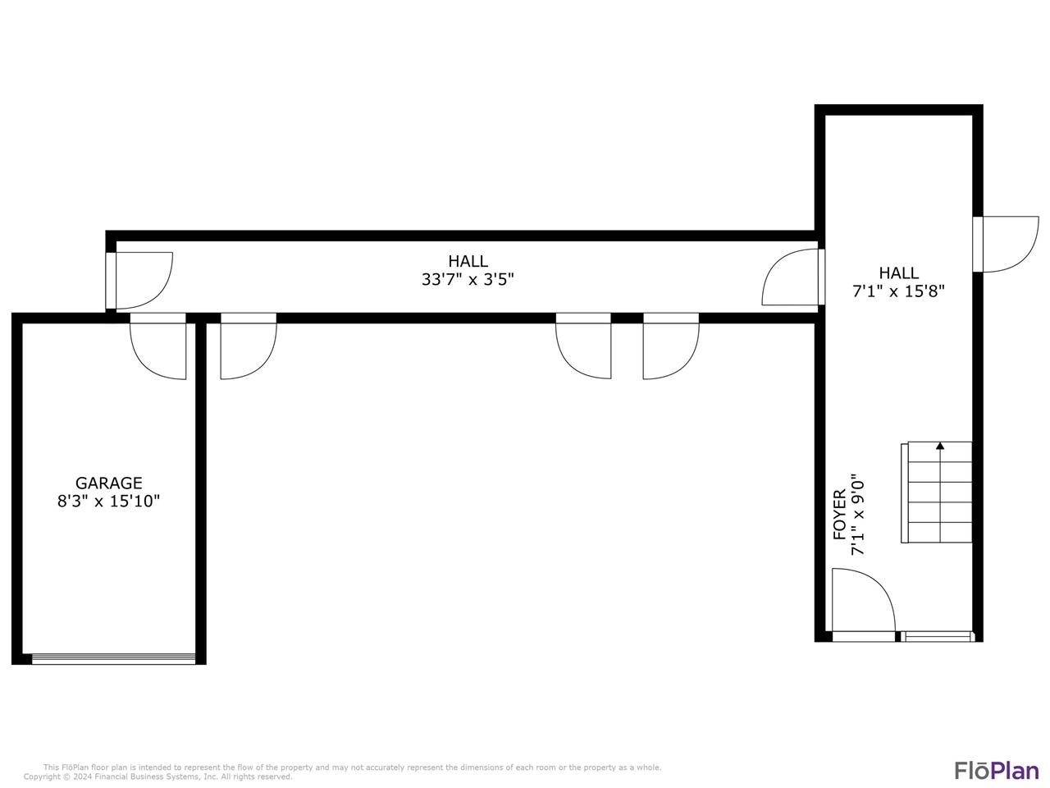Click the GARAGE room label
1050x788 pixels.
[108, 483]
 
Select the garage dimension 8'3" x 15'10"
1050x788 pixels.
[108, 502]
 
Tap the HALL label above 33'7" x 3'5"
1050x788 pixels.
[468, 261]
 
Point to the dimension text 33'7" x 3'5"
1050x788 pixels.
[468, 280]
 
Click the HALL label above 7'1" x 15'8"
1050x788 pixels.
[899, 273]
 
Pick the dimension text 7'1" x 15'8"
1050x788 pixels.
[899, 291]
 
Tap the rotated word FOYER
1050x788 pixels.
[839, 515]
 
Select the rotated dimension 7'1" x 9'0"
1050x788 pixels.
[858, 515]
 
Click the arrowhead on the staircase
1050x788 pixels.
[940, 447]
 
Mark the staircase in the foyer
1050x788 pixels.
[937, 492]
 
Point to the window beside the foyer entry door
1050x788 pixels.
[936, 636]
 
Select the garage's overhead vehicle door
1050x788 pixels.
[113, 657]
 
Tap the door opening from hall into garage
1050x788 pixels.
[158, 346]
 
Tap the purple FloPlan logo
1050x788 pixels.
[996, 770]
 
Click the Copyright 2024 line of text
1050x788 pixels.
[157, 777]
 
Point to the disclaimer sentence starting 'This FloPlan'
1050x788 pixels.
[352, 767]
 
